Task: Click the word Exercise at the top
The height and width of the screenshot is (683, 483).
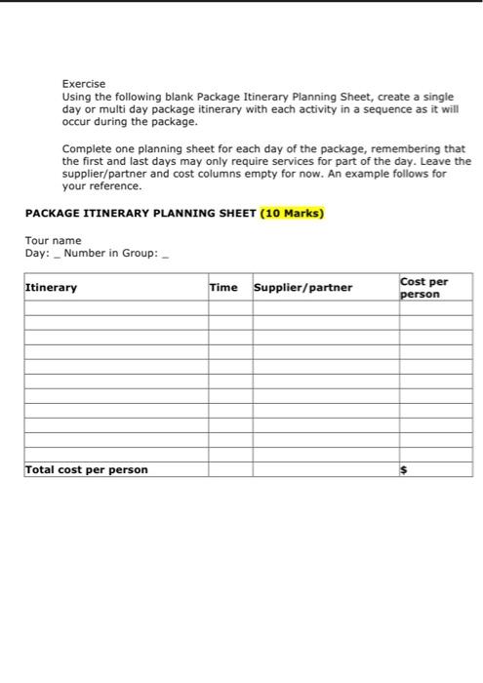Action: coord(83,84)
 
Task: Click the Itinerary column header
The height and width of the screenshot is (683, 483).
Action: coord(51,288)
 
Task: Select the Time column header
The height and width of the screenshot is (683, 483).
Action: coord(223,288)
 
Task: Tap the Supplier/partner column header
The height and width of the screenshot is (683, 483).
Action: coord(303,288)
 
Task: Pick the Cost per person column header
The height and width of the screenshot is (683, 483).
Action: coord(424,288)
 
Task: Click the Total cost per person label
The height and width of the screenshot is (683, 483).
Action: coord(86,469)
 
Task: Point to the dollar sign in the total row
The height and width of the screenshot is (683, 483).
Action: coord(404,470)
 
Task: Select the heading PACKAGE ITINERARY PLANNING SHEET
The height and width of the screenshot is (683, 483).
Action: coord(140,213)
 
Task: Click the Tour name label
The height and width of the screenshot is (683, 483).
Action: coord(54,240)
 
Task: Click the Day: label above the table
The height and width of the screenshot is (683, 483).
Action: coord(37,254)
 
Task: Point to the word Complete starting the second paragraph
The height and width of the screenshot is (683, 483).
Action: coord(88,149)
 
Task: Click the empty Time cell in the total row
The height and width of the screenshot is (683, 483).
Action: coord(229,469)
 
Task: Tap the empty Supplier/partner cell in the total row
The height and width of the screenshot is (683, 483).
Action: coord(324,469)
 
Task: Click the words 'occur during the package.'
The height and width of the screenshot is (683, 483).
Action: coord(130,123)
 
